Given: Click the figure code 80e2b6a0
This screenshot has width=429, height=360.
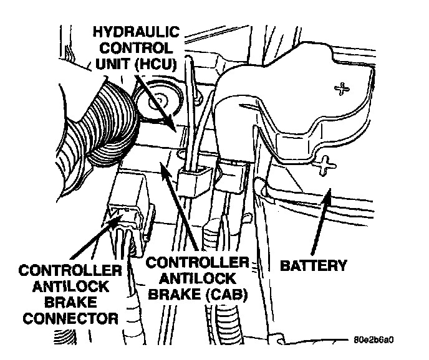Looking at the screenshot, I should (x=372, y=340).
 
